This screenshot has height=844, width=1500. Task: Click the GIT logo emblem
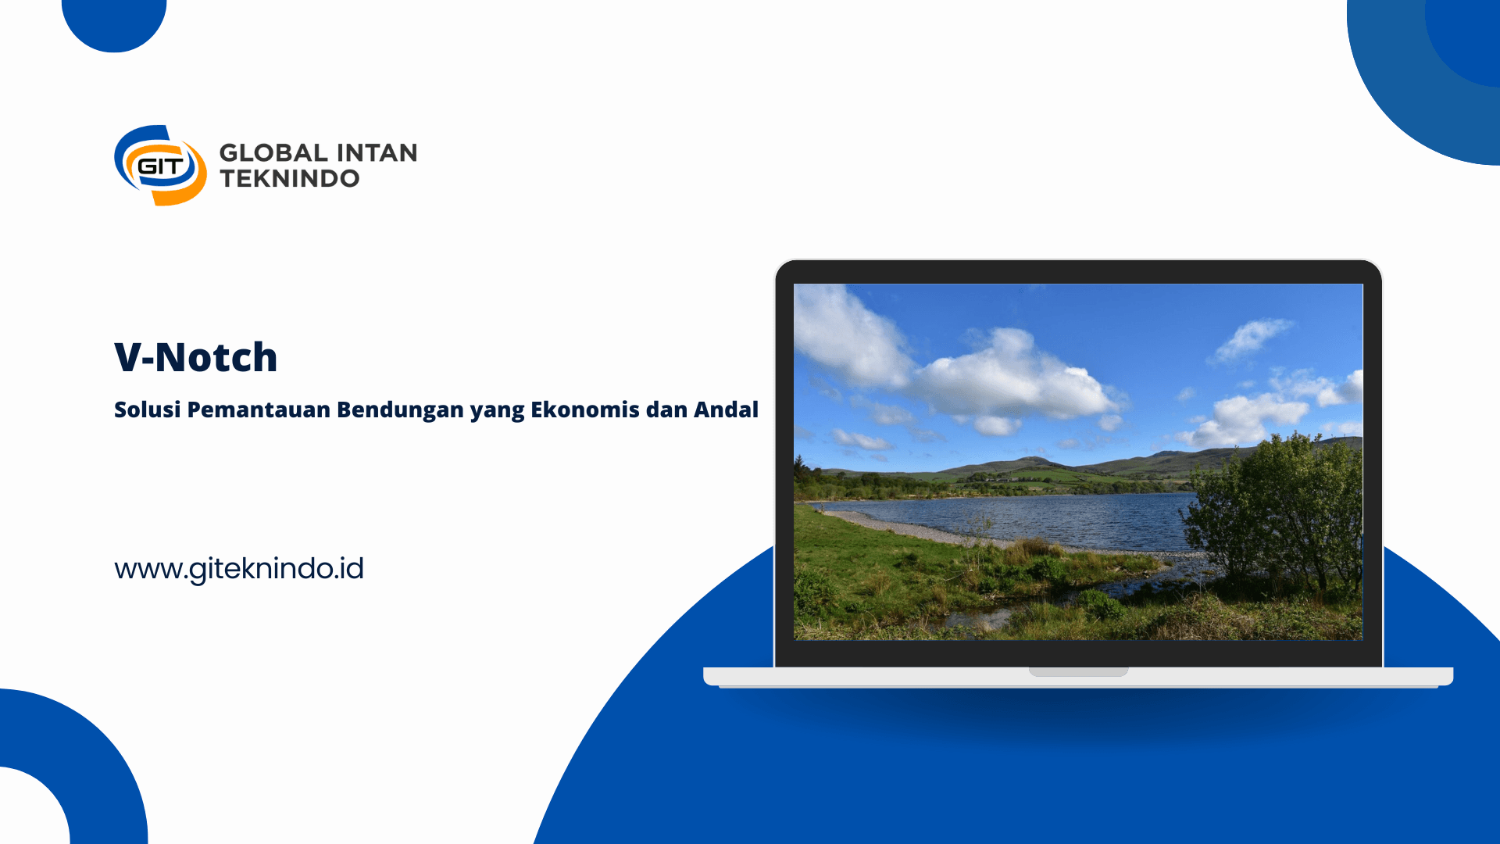pyautogui.click(x=160, y=165)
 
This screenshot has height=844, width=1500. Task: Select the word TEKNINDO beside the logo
pyautogui.click(x=289, y=178)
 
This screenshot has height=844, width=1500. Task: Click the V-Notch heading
pyautogui.click(x=195, y=357)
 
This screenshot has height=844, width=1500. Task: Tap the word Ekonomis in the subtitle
pyautogui.click(x=585, y=409)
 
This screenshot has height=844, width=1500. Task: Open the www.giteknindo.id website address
pyautogui.click(x=239, y=569)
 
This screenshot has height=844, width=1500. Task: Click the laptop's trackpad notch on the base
pyautogui.click(x=1078, y=671)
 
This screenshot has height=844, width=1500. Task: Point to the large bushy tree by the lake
pyautogui.click(x=1277, y=516)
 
